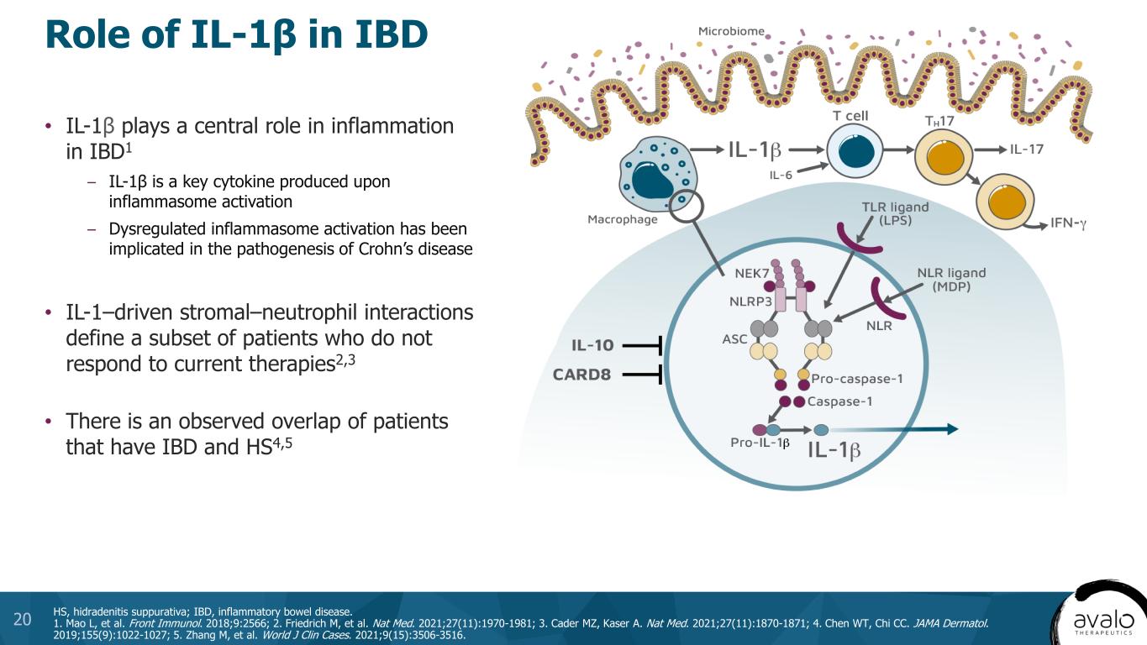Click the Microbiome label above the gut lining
pyautogui.click(x=731, y=32)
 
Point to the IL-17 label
pyautogui.click(x=1027, y=149)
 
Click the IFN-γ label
pyautogui.click(x=1068, y=224)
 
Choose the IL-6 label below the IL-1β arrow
pyautogui.click(x=781, y=175)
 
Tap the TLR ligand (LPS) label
pyautogui.click(x=895, y=214)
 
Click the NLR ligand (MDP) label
pyautogui.click(x=951, y=280)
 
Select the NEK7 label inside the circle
pyautogui.click(x=752, y=274)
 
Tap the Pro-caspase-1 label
pyautogui.click(x=857, y=378)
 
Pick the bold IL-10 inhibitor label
pyautogui.click(x=592, y=344)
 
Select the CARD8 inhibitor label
pyautogui.click(x=581, y=375)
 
